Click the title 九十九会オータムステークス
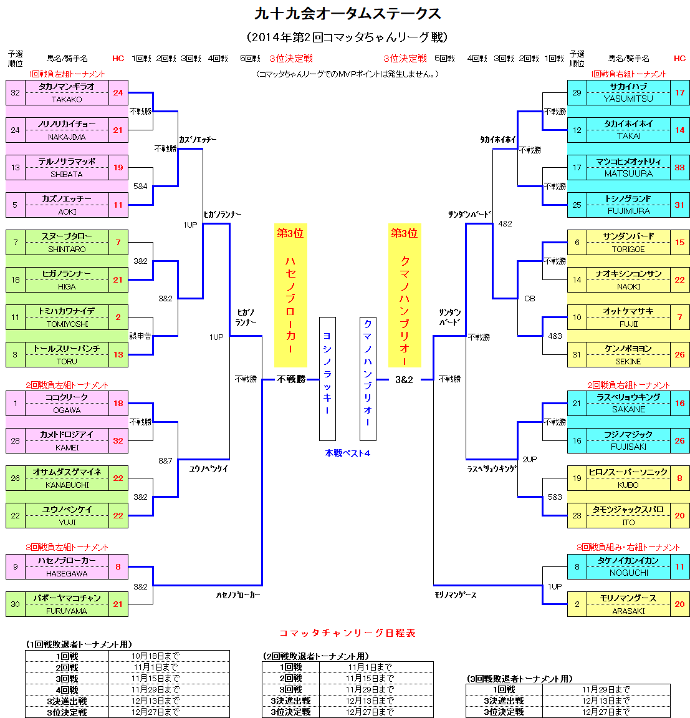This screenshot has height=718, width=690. point(348,14)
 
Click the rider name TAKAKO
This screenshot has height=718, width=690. point(67,99)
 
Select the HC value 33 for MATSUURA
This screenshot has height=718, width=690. point(679,167)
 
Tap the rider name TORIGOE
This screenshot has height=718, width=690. point(628,249)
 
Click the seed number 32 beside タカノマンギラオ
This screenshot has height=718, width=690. point(15,92)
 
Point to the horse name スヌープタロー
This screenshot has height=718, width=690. point(67,236)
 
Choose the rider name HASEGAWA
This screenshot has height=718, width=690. point(67,573)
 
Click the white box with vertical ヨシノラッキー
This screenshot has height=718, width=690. point(327,379)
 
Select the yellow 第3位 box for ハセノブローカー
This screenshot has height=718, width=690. point(290,295)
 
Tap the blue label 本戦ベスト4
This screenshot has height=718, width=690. point(347,453)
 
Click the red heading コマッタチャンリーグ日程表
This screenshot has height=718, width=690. point(347,633)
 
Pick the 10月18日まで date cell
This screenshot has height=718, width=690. point(155,656)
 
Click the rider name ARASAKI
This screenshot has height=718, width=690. point(628,611)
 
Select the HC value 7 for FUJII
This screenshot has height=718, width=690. point(679,317)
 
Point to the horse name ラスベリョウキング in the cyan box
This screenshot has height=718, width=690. point(628,397)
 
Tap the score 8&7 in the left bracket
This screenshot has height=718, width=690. point(165,460)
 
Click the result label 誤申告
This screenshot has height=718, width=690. point(140,336)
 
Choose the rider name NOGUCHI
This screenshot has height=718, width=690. point(628,573)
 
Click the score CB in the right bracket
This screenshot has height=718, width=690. point(529,298)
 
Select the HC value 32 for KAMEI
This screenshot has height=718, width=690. point(118,440)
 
